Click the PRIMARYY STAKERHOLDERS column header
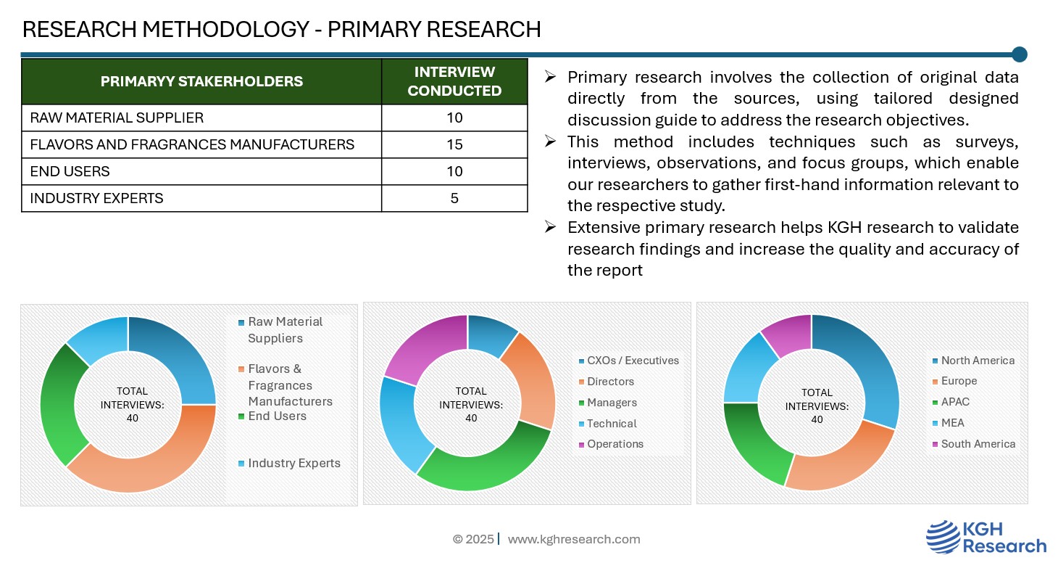click(201, 81)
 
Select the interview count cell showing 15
click(454, 144)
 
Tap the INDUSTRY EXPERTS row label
click(97, 198)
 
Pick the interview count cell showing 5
click(454, 198)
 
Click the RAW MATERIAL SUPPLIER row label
click(117, 118)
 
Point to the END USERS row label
click(70, 171)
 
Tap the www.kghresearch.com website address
click(574, 539)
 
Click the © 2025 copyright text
click(473, 539)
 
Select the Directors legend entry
click(607, 382)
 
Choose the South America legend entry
click(974, 444)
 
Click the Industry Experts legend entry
click(290, 464)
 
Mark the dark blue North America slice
click(867, 359)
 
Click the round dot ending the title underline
click(1020, 54)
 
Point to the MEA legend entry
click(948, 423)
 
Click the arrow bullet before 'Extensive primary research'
click(550, 227)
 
